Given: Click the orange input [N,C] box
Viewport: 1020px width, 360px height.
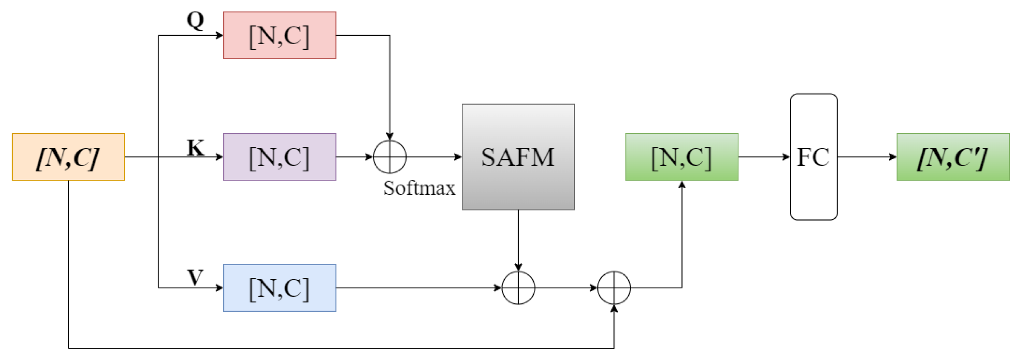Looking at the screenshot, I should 68,157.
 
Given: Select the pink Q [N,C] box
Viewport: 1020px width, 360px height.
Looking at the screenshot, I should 280,35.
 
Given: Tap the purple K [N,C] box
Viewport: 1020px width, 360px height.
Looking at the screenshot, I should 280,157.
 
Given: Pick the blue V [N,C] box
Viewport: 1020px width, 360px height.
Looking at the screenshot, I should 280,288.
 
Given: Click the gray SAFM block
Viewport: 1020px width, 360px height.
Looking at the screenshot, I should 518,157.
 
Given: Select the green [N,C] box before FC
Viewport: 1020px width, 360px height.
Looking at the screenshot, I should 682,157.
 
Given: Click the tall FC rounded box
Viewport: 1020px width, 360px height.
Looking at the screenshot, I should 814,157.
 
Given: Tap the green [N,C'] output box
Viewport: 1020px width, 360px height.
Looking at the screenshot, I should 953,157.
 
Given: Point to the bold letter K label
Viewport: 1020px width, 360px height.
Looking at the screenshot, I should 195,148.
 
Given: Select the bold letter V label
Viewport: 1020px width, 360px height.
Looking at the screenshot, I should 195,278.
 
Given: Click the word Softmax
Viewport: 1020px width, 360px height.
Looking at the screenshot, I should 419,188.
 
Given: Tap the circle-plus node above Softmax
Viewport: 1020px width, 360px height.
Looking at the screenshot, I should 389,157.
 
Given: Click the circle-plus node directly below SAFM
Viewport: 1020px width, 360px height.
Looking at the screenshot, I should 518,288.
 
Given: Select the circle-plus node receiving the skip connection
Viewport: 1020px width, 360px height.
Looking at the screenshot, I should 614,288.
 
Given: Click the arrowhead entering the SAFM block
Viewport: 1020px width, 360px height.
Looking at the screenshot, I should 458,157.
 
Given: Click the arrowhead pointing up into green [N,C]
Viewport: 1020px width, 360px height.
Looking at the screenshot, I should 682,185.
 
